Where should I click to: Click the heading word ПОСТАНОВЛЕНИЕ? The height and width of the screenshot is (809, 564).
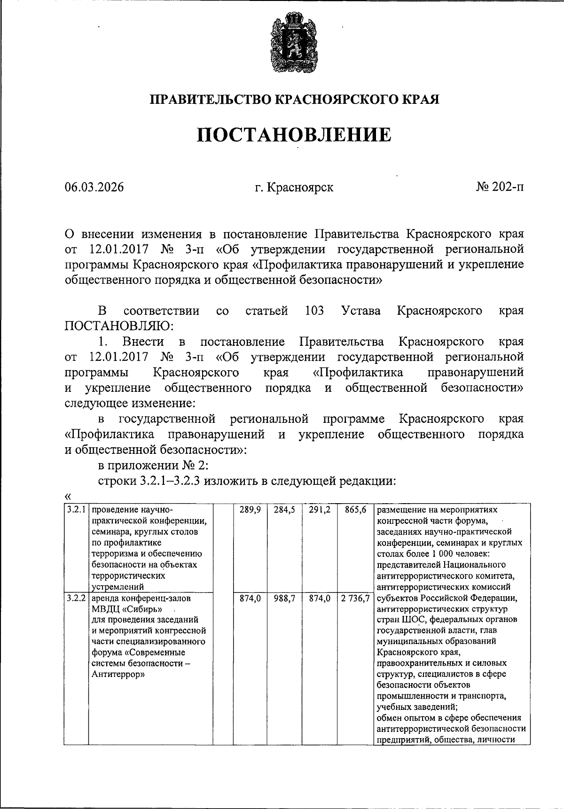294,135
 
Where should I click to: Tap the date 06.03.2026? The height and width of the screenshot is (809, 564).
94,187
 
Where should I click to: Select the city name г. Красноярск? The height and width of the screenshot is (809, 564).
294,187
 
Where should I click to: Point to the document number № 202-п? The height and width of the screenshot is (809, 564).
500,187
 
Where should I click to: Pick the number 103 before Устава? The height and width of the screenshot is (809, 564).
314,311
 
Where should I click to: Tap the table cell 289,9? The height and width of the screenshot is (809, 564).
250,510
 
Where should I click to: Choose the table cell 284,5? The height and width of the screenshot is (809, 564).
284,510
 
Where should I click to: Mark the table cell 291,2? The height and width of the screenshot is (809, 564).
319,510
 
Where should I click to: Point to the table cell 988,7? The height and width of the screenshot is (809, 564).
284,599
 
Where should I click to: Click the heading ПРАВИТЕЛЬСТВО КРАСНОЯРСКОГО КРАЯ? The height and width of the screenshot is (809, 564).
294,100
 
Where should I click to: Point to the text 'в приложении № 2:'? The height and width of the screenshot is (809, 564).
153,466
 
